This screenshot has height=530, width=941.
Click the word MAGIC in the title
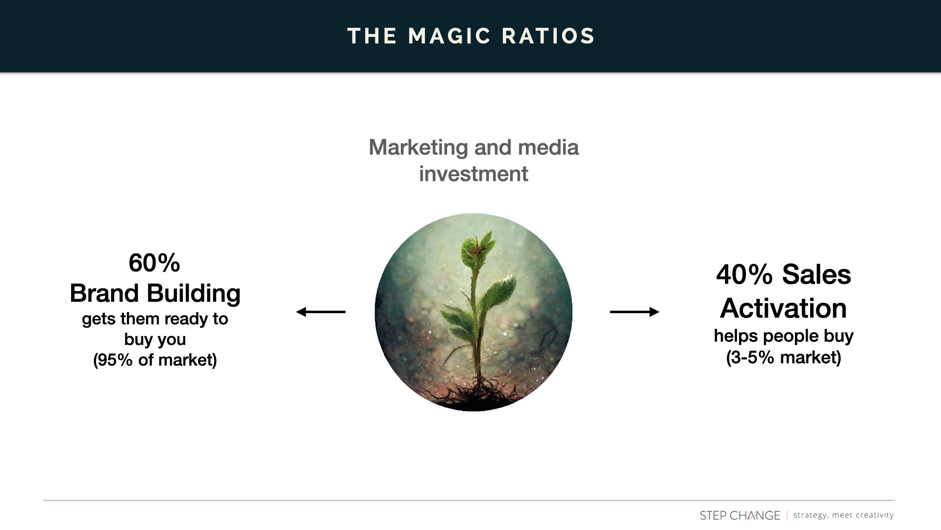pyautogui.click(x=449, y=36)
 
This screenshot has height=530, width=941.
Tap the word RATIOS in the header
pyautogui.click(x=548, y=36)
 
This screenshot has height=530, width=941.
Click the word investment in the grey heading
pyautogui.click(x=473, y=174)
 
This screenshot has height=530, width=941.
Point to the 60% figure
pyautogui.click(x=154, y=263)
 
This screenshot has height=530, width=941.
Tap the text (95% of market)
pyautogui.click(x=155, y=360)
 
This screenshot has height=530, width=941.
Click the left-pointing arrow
pyautogui.click(x=321, y=312)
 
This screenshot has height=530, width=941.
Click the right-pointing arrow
pyautogui.click(x=634, y=312)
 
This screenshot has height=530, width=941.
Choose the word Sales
pyautogui.click(x=817, y=274)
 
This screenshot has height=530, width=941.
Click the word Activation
pyautogui.click(x=783, y=308)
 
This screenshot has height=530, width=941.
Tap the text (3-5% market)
pyautogui.click(x=783, y=357)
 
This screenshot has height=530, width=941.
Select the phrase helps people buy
pyautogui.click(x=783, y=336)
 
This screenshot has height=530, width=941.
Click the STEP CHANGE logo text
pyautogui.click(x=740, y=515)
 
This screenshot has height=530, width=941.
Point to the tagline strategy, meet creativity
pyautogui.click(x=843, y=515)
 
